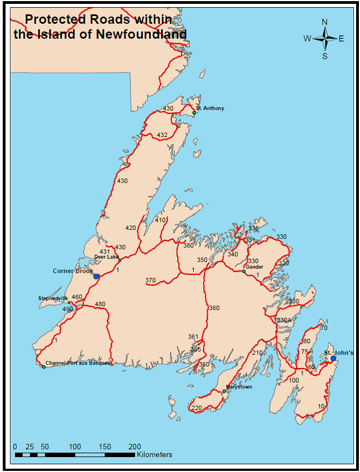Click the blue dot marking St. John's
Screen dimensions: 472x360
333,359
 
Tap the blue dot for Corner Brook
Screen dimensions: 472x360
96,276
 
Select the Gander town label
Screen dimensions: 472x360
255,266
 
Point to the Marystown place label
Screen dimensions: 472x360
239,387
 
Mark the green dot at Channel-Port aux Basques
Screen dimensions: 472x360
44,367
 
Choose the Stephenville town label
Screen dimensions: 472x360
53,298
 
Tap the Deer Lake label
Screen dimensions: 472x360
106,256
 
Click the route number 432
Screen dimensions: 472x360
162,135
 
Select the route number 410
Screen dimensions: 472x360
160,220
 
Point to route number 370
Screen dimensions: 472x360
150,281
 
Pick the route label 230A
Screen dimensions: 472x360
284,320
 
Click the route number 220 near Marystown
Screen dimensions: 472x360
197,408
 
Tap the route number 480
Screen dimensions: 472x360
100,304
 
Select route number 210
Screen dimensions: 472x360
257,353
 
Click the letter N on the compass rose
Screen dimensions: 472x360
325,22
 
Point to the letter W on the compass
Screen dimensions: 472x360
307,39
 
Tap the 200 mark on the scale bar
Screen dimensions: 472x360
134,447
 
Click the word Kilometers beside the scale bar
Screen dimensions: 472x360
155,454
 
